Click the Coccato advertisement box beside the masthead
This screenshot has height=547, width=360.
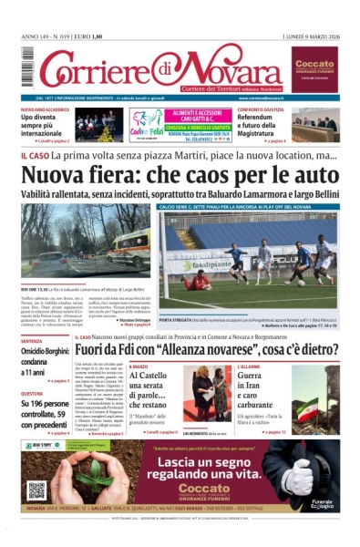pyautogui.click(x=314, y=66)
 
